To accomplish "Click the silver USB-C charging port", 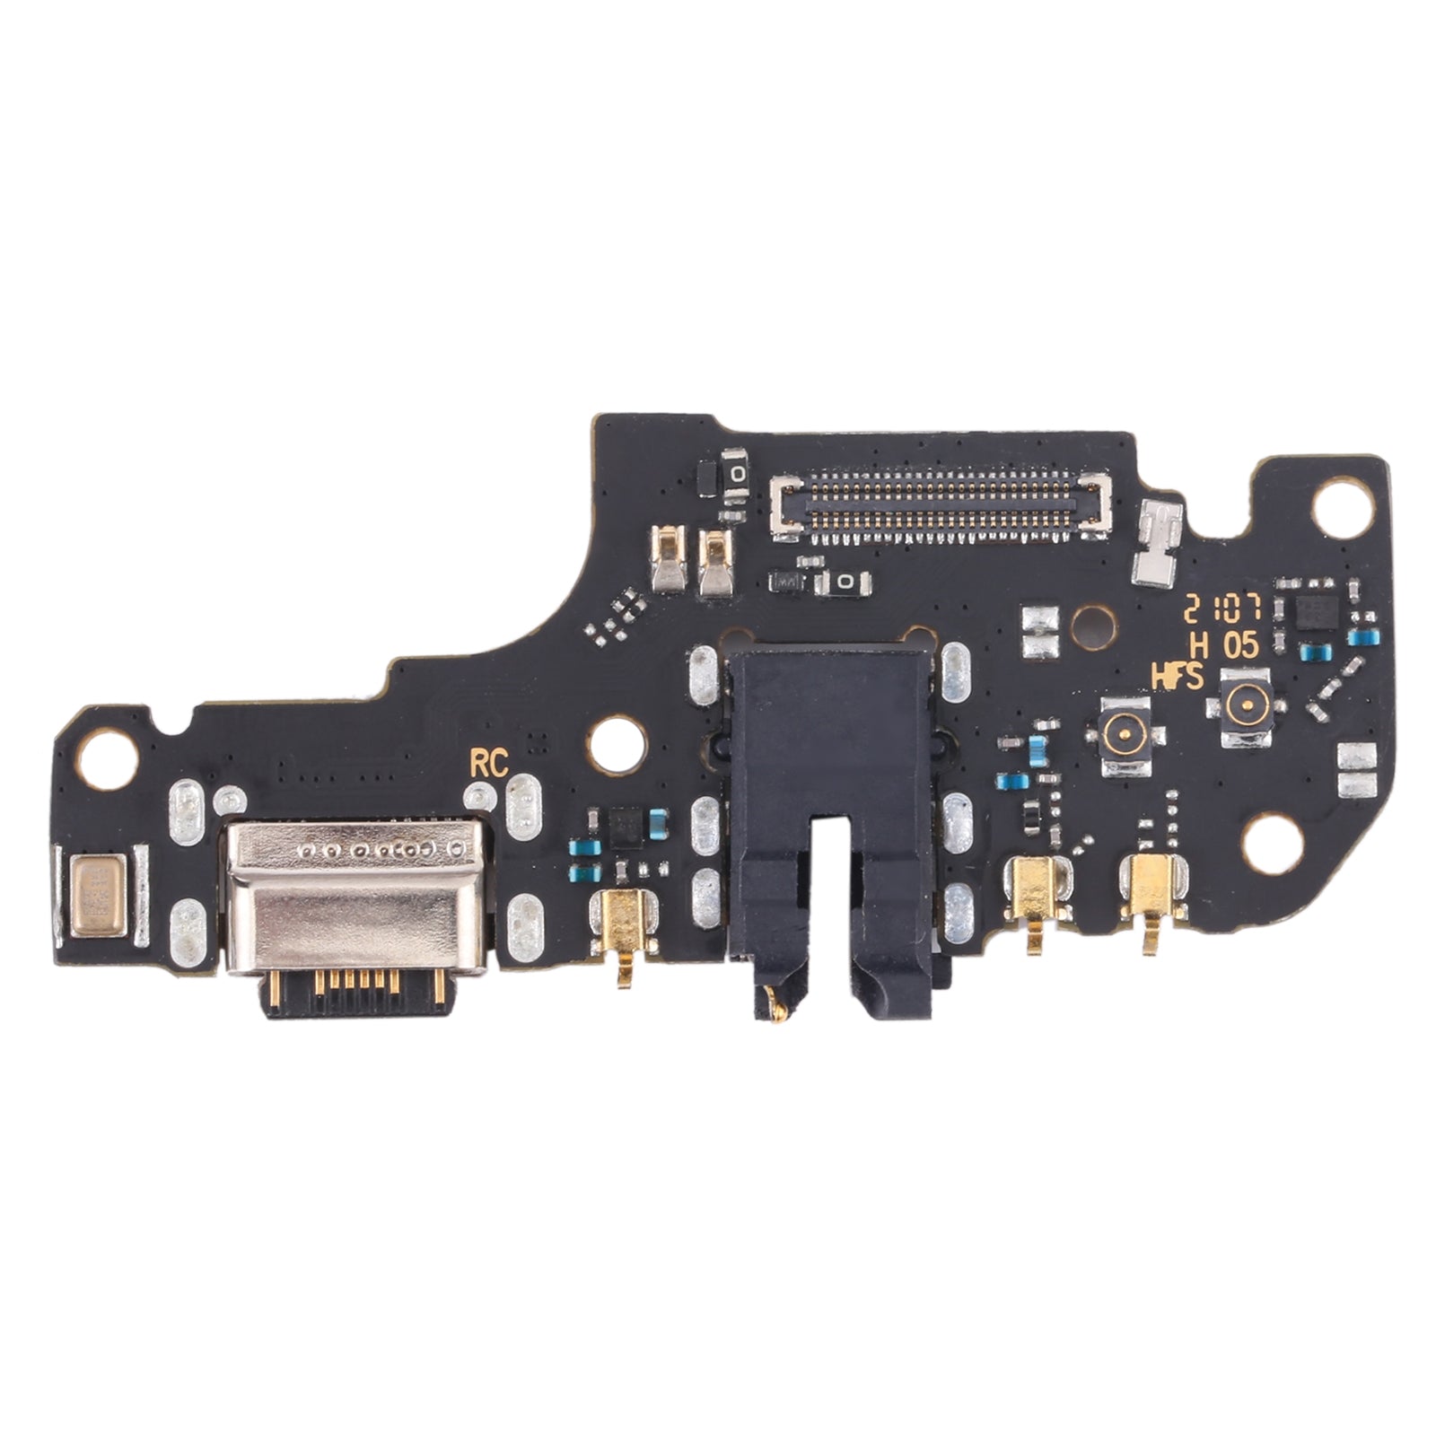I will pyautogui.click(x=356, y=897).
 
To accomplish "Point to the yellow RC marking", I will pyautogui.click(x=489, y=764).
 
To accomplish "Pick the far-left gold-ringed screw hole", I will pyautogui.click(x=108, y=750).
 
